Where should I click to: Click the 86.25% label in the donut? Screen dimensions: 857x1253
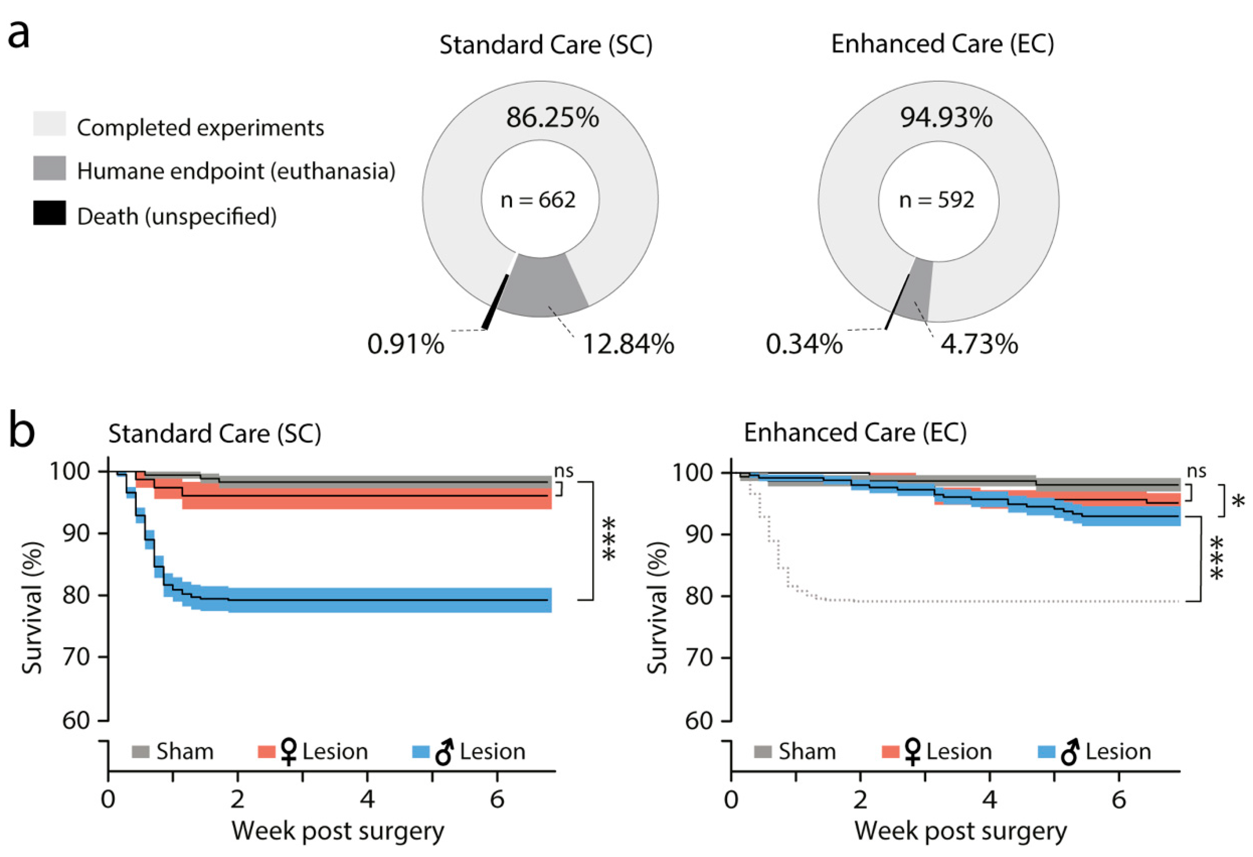(x=552, y=118)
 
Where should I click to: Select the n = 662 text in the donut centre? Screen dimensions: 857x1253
(x=538, y=200)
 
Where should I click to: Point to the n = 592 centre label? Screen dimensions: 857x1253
(x=936, y=200)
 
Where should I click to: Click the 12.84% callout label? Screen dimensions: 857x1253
(x=628, y=344)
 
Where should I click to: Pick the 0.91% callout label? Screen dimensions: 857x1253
(x=406, y=344)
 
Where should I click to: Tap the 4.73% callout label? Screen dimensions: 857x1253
(x=979, y=344)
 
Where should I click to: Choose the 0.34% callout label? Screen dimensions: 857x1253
(x=804, y=344)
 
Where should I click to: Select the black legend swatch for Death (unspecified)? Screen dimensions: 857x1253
(x=49, y=213)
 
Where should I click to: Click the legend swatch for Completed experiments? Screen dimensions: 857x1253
(x=49, y=124)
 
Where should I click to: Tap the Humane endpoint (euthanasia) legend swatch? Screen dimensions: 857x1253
(x=49, y=168)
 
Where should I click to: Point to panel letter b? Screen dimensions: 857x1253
(x=21, y=431)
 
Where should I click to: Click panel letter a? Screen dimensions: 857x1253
(x=18, y=35)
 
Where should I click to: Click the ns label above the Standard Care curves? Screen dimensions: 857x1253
(x=564, y=471)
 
